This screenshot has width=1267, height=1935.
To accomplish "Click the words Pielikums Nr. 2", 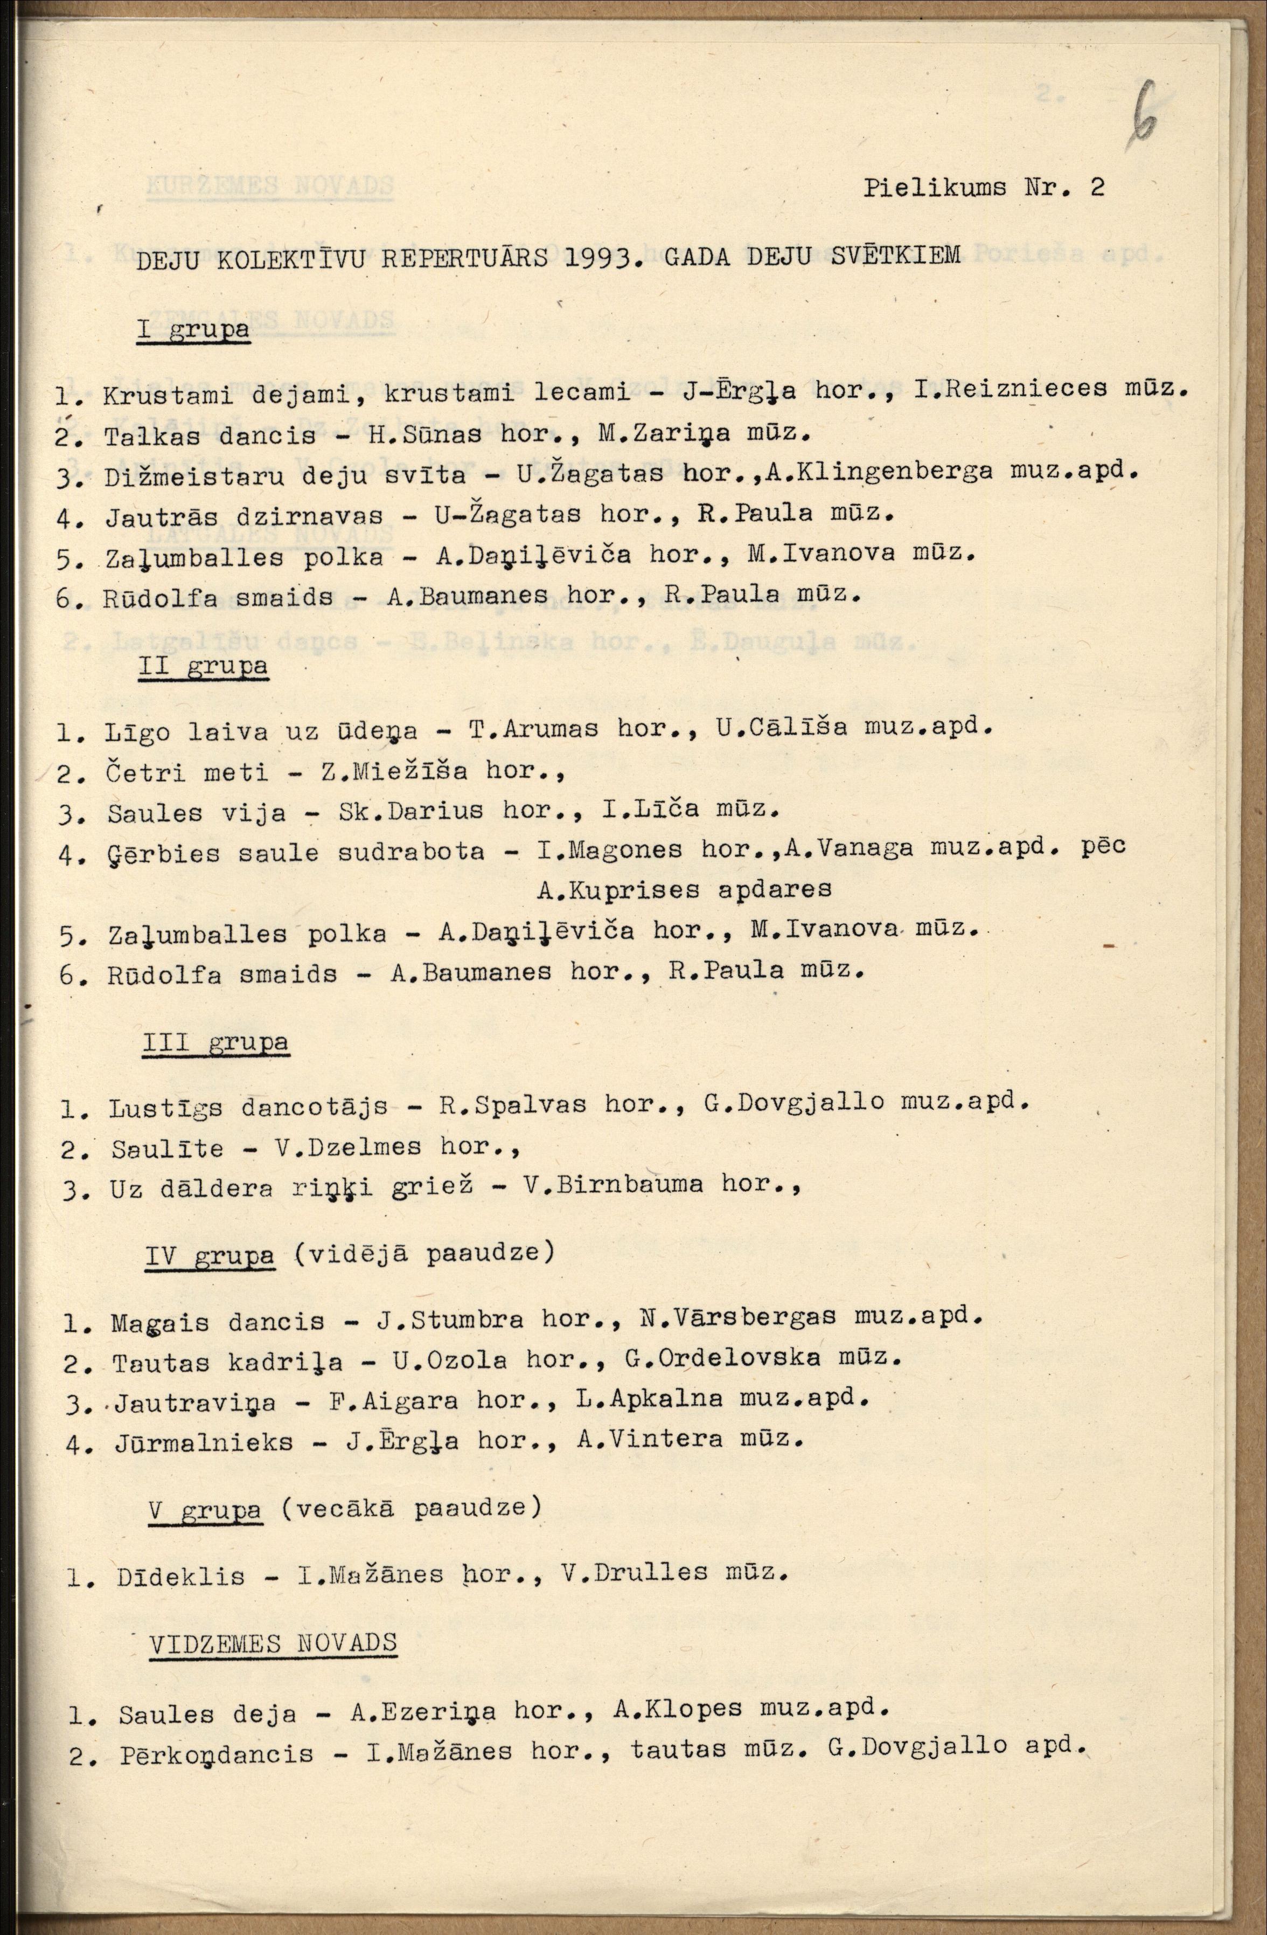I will [x=983, y=188].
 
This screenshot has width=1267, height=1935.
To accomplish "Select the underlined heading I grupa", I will [x=193, y=331].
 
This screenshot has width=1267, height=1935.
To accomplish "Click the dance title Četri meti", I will [x=187, y=771].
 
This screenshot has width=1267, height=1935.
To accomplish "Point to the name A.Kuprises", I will [x=619, y=889].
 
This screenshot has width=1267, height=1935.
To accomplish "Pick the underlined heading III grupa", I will [x=215, y=1043].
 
